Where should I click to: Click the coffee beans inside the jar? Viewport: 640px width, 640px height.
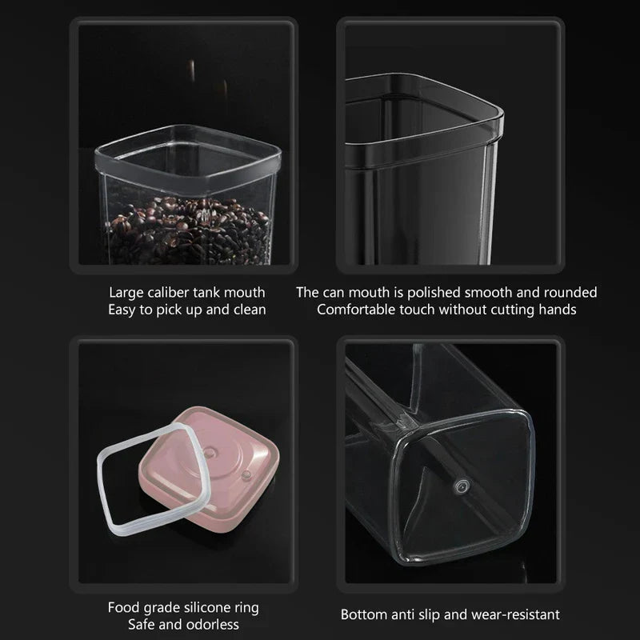pyautogui.click(x=187, y=230)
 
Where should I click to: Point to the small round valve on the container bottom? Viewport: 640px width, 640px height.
pyautogui.click(x=462, y=486)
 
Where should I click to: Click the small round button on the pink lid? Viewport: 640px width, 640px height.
pyautogui.click(x=246, y=474)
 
